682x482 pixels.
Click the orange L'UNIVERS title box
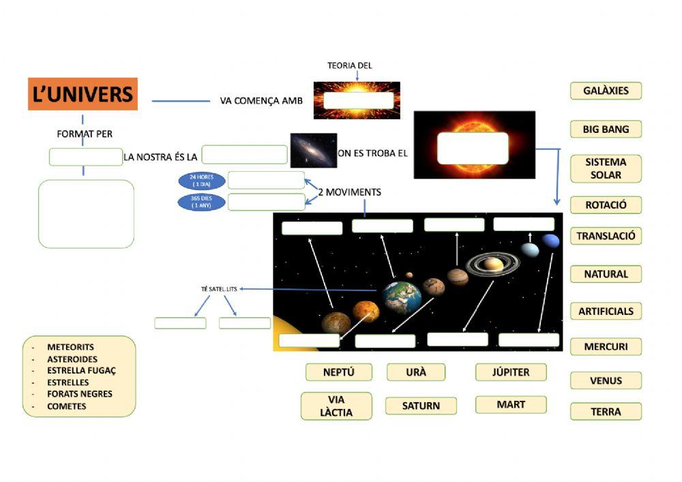point(83,94)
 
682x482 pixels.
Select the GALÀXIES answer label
point(606,91)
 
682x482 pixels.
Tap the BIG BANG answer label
point(606,129)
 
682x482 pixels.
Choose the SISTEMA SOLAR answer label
point(606,168)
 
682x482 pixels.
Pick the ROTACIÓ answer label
point(606,205)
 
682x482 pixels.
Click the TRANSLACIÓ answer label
point(606,236)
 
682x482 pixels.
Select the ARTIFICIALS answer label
point(606,311)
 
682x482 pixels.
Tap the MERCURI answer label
point(606,346)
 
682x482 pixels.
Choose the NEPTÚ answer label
point(338,372)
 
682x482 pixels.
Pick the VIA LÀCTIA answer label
point(336,406)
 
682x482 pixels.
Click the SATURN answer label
point(421,406)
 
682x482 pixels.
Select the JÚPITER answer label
point(511,372)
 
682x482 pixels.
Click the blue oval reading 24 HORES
point(202,181)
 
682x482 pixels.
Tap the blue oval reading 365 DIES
point(202,202)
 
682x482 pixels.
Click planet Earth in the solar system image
point(402,297)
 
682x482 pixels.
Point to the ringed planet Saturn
point(494,263)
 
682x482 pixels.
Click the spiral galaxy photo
point(314,150)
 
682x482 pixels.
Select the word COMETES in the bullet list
point(67,406)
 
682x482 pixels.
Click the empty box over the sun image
point(473,148)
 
